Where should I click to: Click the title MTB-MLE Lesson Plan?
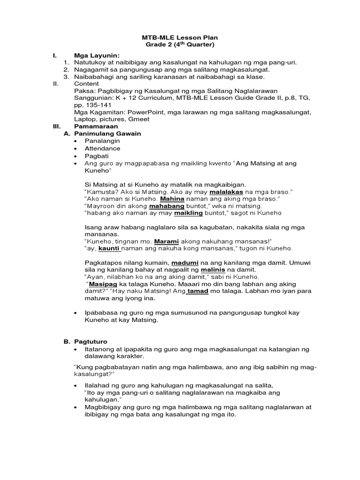coord(180,37)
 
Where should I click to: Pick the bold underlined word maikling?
coord(188,213)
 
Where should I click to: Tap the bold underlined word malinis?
coord(213,270)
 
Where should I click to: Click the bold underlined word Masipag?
coord(101,284)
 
